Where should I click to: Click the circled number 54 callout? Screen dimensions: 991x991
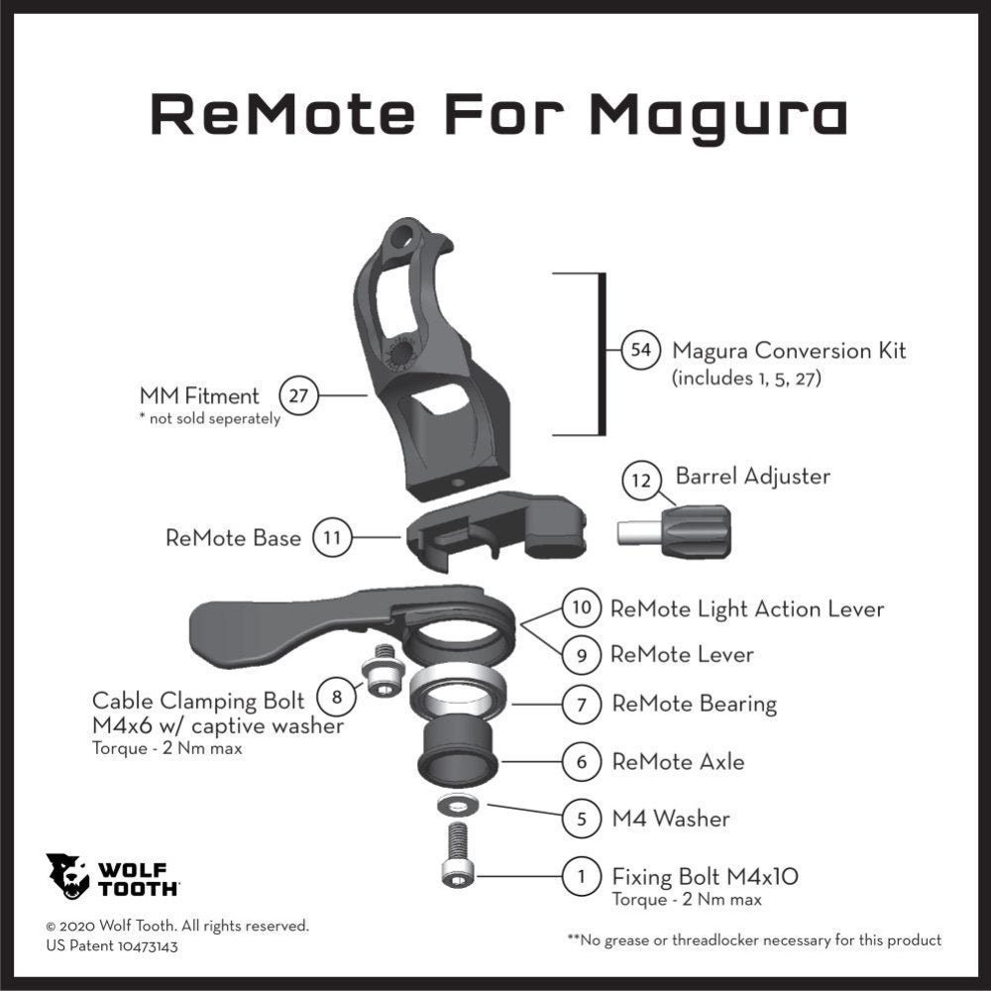641,350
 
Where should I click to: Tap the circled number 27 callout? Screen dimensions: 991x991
298,395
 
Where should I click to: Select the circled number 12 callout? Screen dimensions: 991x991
641,481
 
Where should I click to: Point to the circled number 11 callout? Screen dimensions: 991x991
332,538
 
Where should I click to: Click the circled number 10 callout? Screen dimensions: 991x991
581,608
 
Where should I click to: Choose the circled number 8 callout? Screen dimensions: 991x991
336,697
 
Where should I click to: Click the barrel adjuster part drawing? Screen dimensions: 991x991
674,531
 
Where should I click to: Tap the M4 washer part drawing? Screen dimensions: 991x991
458,805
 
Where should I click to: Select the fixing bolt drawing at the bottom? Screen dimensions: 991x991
458,854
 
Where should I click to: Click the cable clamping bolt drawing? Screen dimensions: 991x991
383,670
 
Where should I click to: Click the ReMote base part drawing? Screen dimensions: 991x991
496,529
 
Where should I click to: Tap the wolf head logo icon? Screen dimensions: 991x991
67,876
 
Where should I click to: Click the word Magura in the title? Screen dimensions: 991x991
717,114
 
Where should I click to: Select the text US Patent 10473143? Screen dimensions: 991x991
112,946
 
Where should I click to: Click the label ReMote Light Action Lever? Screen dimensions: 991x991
747,608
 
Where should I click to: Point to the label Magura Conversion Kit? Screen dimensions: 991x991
789,350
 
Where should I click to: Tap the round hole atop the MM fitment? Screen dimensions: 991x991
402,238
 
